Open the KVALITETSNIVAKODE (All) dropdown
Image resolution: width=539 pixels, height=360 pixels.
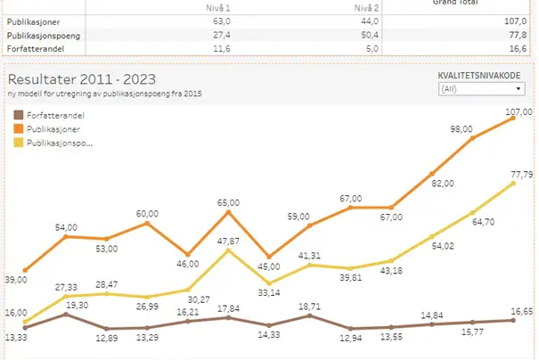(x=479, y=89)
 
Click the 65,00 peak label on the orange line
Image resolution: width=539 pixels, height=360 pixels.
(x=229, y=203)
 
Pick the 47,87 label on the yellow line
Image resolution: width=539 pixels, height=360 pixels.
(x=229, y=241)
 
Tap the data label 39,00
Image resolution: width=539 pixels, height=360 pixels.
(x=16, y=280)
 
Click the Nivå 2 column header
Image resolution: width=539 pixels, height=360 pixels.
(x=366, y=6)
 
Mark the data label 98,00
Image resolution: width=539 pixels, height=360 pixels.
(x=461, y=129)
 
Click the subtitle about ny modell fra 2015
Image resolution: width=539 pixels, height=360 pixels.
(x=102, y=94)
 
